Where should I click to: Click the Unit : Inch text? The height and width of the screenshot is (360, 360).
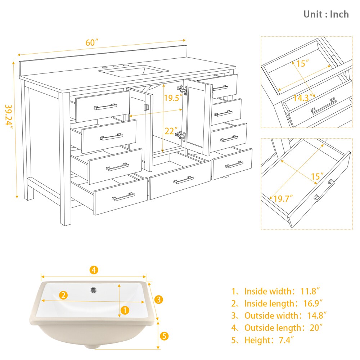326,14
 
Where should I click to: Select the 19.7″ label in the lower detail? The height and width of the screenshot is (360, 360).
283,198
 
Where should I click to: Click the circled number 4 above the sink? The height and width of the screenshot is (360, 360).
94,270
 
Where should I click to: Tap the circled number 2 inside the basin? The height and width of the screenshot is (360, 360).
63,295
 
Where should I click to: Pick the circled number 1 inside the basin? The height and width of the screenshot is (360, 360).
124,310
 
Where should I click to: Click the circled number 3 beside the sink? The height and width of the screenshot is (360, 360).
159,299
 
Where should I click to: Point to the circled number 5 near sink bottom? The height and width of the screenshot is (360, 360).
164,337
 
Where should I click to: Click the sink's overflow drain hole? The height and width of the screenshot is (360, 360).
94,289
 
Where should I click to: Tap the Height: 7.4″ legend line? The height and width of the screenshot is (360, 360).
268,340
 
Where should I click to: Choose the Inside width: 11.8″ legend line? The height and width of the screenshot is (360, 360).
276,291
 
